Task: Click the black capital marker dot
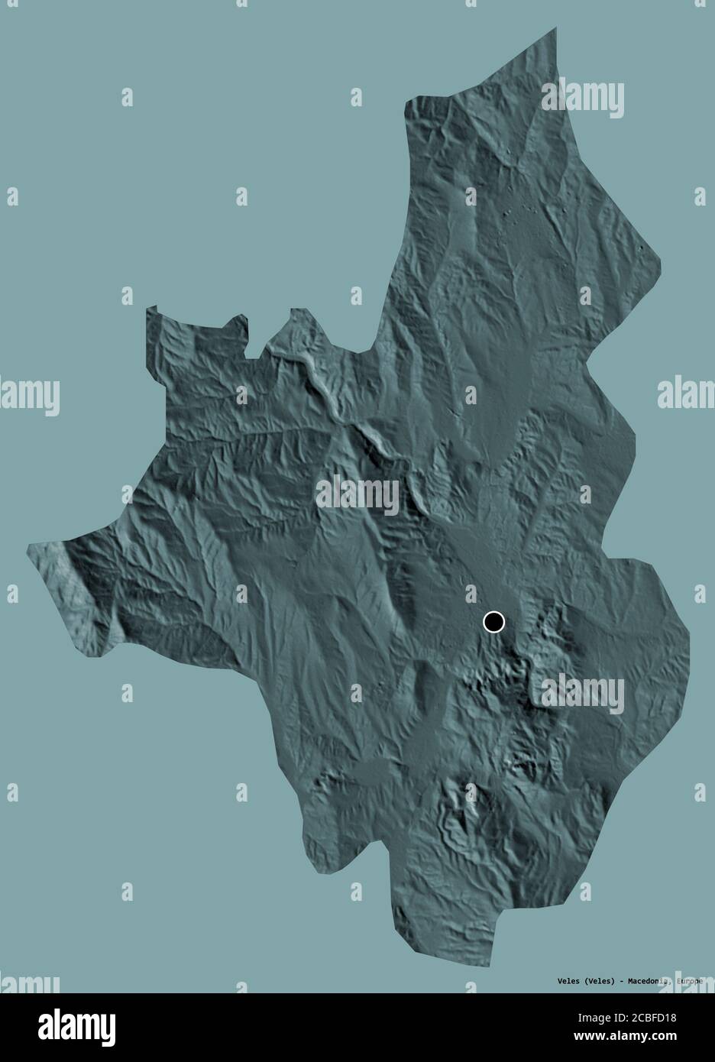(x=494, y=623)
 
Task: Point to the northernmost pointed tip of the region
(x=554, y=28)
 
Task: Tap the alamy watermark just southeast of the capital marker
(x=582, y=694)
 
